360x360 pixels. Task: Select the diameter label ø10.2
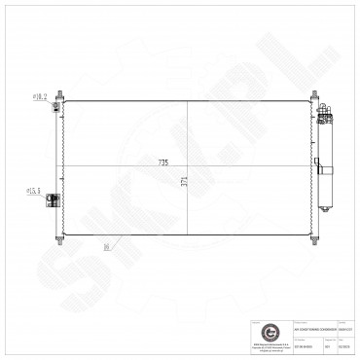click(41, 97)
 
